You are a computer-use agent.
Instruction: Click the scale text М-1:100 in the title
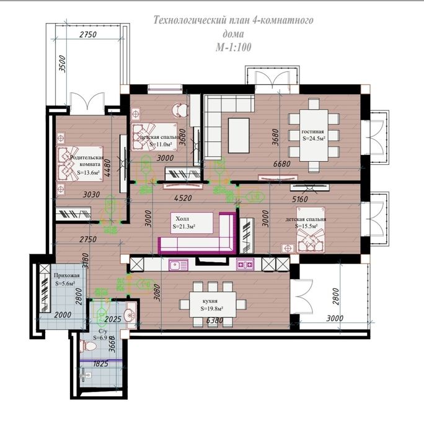click(x=233, y=46)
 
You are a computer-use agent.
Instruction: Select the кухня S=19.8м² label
click(x=212, y=304)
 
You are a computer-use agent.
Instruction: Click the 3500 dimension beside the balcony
click(x=61, y=64)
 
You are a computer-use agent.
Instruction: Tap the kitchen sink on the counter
click(x=180, y=265)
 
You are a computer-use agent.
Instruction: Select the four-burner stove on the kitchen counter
click(x=245, y=265)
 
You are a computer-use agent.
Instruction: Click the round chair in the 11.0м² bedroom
click(x=180, y=110)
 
